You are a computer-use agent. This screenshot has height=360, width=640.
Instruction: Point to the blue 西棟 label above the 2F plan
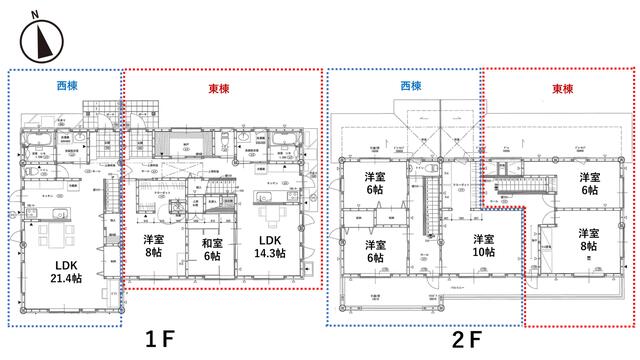[410, 87]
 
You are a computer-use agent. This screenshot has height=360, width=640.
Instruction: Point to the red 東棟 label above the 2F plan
[564, 88]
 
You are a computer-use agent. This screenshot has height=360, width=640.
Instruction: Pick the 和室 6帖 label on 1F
[210, 249]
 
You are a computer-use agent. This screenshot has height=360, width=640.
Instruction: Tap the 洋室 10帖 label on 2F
[484, 247]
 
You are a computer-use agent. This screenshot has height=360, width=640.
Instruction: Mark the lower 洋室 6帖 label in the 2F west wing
[376, 252]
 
